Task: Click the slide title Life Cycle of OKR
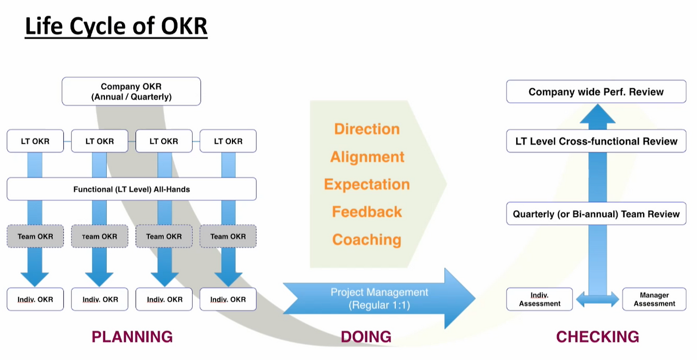116,26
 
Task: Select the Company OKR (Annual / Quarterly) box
131,91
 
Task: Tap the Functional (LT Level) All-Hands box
132,189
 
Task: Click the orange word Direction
367,129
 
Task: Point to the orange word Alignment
367,157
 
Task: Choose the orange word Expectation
367,185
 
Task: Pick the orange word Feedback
367,212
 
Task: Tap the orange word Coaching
367,240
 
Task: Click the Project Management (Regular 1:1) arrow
379,298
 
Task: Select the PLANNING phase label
132,337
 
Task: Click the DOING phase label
366,337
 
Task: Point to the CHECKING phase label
597,337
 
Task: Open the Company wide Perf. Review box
596,92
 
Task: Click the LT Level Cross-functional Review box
596,141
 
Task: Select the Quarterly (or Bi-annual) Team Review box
596,214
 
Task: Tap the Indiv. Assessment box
540,300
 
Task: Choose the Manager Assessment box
655,300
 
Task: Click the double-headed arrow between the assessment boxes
597,300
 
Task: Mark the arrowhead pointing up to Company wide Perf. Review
597,114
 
